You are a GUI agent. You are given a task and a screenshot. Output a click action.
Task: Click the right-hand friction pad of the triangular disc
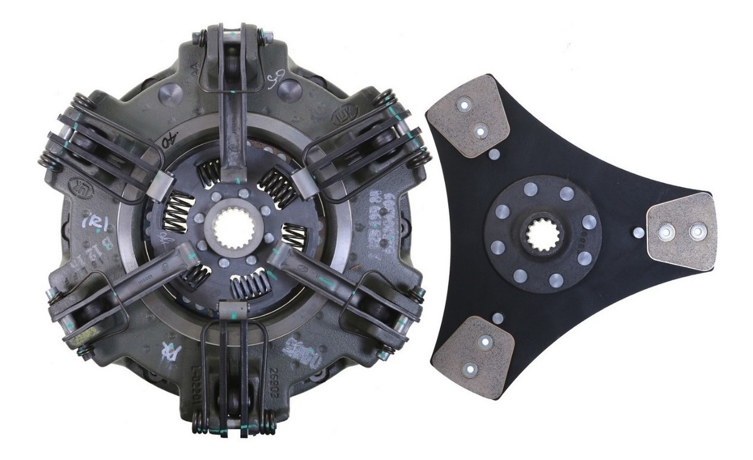click(x=682, y=232)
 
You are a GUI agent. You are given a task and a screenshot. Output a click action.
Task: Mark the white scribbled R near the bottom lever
click(x=169, y=352)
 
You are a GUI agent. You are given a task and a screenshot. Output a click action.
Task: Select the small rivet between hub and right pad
click(x=638, y=233)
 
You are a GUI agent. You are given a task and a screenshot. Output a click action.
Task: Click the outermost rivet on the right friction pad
click(x=698, y=232)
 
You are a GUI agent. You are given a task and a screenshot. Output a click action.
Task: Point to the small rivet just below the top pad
click(x=494, y=154)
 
